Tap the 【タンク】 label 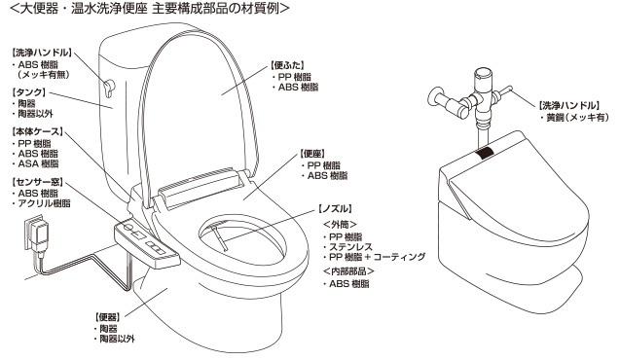point(30,95)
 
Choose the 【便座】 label point(317,153)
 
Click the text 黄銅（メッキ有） point(573,117)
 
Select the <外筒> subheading point(339,223)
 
